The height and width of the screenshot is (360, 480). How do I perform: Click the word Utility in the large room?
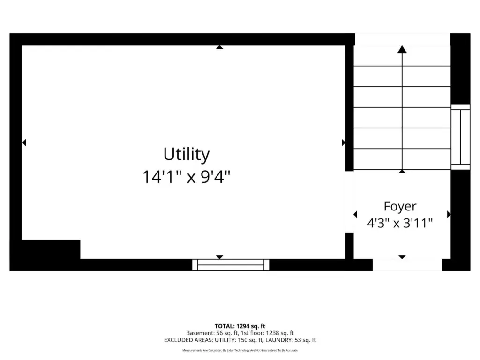click(x=187, y=154)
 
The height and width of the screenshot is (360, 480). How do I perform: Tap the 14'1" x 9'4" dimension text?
click(x=187, y=177)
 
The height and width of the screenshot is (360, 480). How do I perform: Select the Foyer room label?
click(x=400, y=207)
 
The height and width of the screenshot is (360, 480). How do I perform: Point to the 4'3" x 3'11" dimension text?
click(x=400, y=223)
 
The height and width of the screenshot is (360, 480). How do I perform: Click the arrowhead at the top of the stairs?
click(x=402, y=50)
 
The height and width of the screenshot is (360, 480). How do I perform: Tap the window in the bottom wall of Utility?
click(x=231, y=265)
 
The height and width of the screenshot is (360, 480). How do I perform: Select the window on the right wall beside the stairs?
click(x=460, y=137)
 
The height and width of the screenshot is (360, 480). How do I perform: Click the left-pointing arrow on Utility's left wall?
click(x=24, y=142)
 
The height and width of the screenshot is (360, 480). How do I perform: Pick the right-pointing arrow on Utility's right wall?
click(x=344, y=142)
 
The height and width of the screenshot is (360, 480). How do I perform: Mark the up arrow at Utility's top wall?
click(x=219, y=47)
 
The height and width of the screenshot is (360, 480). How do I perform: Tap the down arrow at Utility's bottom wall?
click(x=219, y=257)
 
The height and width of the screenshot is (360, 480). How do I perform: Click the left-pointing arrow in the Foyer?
click(x=355, y=214)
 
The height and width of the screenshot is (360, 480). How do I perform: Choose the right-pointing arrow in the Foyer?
click(x=449, y=214)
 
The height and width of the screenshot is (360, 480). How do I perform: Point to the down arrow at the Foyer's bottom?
click(x=402, y=257)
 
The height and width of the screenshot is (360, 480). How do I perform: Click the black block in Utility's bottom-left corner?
click(x=51, y=249)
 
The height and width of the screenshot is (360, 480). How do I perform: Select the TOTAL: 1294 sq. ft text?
click(x=240, y=326)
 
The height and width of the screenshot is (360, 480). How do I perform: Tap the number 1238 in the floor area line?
click(x=272, y=333)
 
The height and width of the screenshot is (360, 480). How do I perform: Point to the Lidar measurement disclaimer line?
click(x=240, y=350)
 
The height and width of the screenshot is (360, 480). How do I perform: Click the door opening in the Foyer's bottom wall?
click(x=407, y=265)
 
